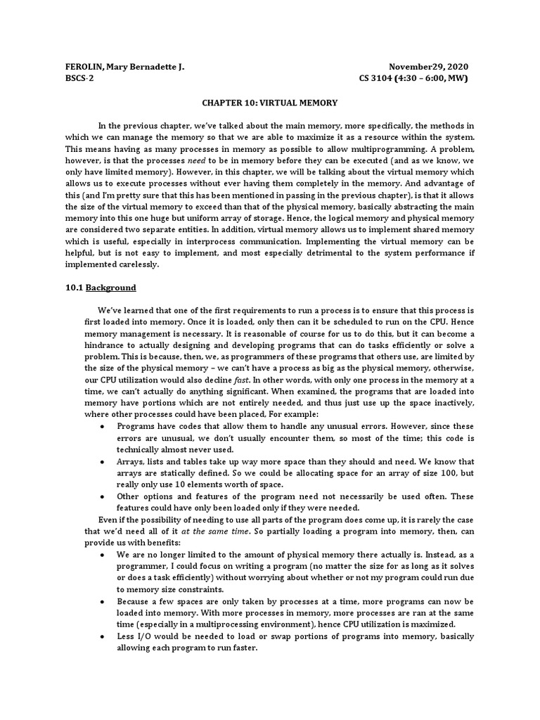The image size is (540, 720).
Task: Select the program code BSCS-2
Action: tap(79, 78)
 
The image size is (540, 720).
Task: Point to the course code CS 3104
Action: tap(381, 78)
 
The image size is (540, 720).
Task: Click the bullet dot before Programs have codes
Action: tap(104, 427)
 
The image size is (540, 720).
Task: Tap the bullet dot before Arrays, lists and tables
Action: tap(104, 462)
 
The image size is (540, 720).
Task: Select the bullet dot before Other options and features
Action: tap(104, 497)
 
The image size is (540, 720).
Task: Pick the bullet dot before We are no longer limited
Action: tap(104, 555)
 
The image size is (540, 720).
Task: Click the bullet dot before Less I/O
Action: tap(104, 637)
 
